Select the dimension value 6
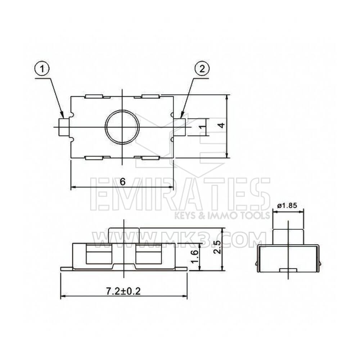(x=122, y=181)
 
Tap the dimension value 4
(x=222, y=125)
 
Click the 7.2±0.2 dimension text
(x=123, y=290)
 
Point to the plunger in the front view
(x=123, y=235)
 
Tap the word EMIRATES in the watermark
(x=180, y=194)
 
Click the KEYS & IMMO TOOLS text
(x=222, y=216)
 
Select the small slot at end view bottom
(x=288, y=270)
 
